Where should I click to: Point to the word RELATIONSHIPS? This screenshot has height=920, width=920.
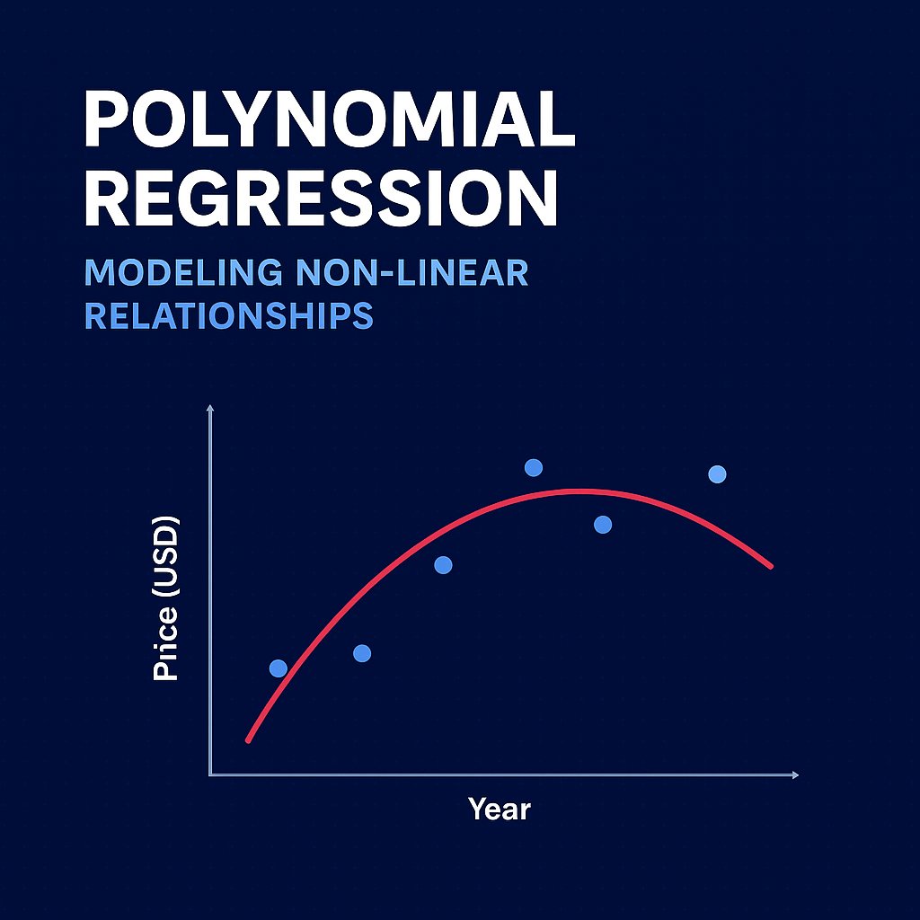tap(229, 315)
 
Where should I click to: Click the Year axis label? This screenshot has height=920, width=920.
tap(500, 809)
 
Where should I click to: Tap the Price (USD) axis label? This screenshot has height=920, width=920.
tap(167, 598)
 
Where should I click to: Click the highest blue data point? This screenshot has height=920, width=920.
tap(534, 467)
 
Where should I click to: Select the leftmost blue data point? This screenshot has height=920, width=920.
tap(279, 668)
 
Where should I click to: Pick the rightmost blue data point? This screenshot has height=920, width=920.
tap(717, 473)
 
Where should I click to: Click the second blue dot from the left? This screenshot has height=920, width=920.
tap(362, 653)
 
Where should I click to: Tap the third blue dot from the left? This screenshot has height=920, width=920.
tap(443, 565)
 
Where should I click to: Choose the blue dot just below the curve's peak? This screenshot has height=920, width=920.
tap(603, 525)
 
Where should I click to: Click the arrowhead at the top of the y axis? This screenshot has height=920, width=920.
tap(210, 409)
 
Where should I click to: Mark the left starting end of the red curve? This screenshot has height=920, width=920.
tap(248, 739)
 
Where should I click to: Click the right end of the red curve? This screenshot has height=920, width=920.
tap(771, 566)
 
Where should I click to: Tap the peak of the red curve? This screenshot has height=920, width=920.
tap(579, 491)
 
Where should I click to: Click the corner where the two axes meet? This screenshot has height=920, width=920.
tap(210, 774)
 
